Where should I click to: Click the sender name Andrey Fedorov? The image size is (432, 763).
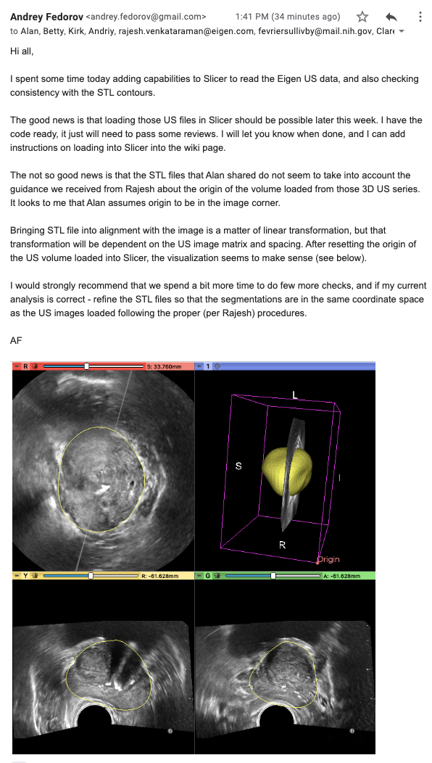pos(46,16)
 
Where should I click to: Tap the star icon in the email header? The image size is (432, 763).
pos(363,16)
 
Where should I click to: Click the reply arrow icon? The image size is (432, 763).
pos(392,16)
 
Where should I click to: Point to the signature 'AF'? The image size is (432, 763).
pos(17,339)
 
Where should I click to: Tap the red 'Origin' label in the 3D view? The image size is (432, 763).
pos(327,559)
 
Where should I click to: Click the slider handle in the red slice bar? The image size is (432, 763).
pos(87,366)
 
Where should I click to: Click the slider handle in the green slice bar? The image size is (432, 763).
pos(273,575)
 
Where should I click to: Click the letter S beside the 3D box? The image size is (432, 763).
pos(238,466)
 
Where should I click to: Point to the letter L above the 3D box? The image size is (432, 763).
pos(295,395)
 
